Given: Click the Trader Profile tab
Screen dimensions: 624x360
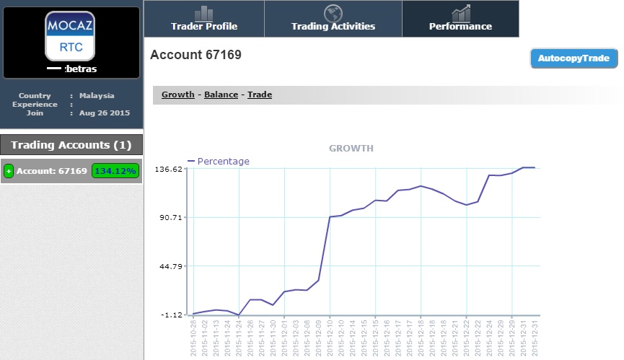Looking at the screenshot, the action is (204, 19).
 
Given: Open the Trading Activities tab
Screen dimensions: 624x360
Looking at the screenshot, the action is (333, 19).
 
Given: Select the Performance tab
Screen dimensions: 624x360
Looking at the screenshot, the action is (460, 19).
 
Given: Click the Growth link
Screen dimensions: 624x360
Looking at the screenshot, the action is (178, 95).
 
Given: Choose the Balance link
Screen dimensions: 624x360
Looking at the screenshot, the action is (221, 95).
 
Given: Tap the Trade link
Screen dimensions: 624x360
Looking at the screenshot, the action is (260, 95).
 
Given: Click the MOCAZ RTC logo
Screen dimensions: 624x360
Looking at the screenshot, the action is (70, 36).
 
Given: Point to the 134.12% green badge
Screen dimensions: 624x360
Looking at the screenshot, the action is (115, 171).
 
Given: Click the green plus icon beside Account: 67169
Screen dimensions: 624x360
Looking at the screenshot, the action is (9, 171).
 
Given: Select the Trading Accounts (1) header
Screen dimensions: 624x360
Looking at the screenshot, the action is (71, 145).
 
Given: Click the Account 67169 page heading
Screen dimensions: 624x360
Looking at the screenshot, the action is (195, 55).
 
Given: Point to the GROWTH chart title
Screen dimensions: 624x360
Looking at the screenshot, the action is (351, 149).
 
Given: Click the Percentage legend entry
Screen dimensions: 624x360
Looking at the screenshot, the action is (219, 161).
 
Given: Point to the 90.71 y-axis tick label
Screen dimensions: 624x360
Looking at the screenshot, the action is (171, 218).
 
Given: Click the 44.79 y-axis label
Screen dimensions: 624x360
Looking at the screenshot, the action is (171, 266).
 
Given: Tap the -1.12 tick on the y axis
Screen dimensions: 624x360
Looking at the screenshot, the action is (172, 315).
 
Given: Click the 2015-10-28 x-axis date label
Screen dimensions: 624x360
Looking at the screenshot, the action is (193, 338).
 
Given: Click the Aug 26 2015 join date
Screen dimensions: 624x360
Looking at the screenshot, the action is (105, 113).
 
